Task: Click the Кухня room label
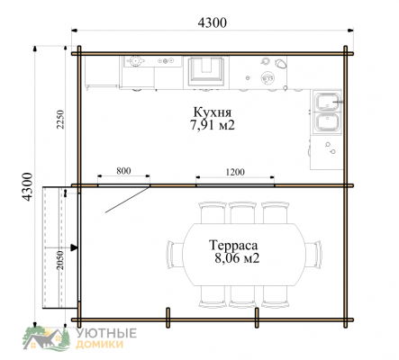pyautogui.click(x=213, y=112)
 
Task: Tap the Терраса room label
pyautogui.click(x=233, y=246)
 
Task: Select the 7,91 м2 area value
pyautogui.click(x=213, y=125)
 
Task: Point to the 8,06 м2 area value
pyautogui.click(x=237, y=258)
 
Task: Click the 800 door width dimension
pyautogui.click(x=123, y=171)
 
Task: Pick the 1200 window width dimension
pyautogui.click(x=235, y=172)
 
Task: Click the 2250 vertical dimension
pyautogui.click(x=60, y=119)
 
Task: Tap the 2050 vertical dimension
pyautogui.click(x=60, y=260)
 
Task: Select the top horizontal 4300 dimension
pyautogui.click(x=213, y=22)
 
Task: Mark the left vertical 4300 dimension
pyautogui.click(x=27, y=186)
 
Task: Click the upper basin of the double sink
pyautogui.click(x=328, y=101)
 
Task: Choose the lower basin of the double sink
pyautogui.click(x=328, y=122)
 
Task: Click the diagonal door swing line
pyautogui.click(x=128, y=200)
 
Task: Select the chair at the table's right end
pyautogui.click(x=313, y=254)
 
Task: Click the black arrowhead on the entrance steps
pyautogui.click(x=74, y=247)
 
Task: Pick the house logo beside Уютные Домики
pyautogui.click(x=47, y=338)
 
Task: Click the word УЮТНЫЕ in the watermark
pyautogui.click(x=106, y=333)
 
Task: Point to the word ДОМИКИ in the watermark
pyautogui.click(x=99, y=344)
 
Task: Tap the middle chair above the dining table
pyautogui.click(x=242, y=212)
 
